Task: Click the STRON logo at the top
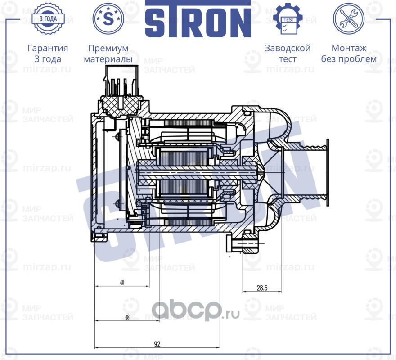pos(198,19)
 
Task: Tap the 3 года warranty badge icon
pos(48,18)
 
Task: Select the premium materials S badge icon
pos(108,18)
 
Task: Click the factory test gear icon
pos(288,18)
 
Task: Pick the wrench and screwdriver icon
pos(348,18)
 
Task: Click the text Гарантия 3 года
pos(48,54)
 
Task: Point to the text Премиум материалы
pos(108,54)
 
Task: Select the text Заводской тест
pos(288,54)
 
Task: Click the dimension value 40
pos(121,283)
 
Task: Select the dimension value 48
pos(127,317)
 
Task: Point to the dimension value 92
pos(157,344)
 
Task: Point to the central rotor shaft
pos(198,171)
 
